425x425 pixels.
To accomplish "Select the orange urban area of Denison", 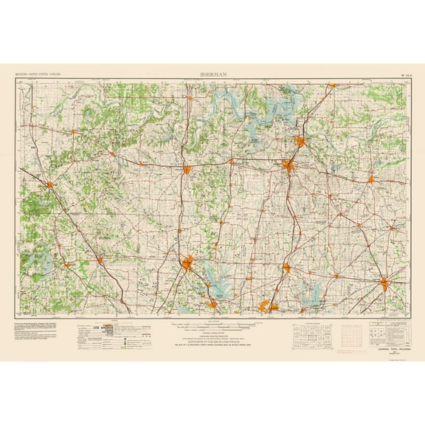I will (x=301, y=142).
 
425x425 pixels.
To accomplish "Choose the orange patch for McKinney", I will (x=286, y=267).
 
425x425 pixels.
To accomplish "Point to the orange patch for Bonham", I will (x=371, y=178).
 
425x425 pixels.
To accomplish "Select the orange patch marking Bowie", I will (x=50, y=184).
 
